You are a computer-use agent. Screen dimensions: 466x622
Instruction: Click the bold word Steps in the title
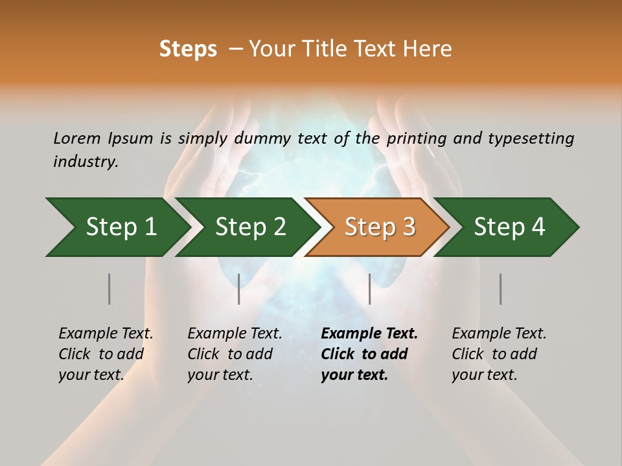(x=188, y=49)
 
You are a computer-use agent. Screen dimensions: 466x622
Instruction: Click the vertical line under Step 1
(x=109, y=289)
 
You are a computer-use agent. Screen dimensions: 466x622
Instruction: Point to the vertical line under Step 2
(x=238, y=289)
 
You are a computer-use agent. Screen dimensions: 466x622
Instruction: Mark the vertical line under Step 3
(x=369, y=289)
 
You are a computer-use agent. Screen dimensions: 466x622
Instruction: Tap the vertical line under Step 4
(x=500, y=289)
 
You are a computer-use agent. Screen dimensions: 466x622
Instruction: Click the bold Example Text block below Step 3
(x=369, y=354)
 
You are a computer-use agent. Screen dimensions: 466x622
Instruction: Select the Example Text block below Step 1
(x=106, y=354)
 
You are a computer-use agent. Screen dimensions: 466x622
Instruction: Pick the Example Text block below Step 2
(x=235, y=354)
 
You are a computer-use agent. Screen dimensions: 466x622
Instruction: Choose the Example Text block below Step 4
(x=499, y=354)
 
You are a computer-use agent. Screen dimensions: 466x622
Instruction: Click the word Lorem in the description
(x=77, y=139)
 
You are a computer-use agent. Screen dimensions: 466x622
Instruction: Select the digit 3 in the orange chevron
(x=408, y=227)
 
